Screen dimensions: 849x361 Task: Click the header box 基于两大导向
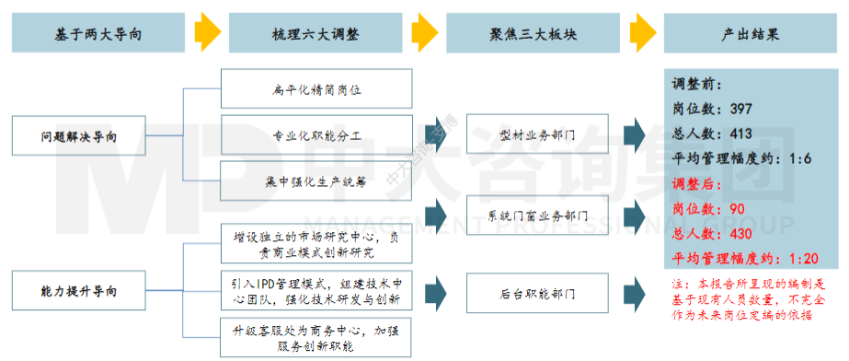(x=98, y=35)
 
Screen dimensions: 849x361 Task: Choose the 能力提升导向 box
(x=79, y=292)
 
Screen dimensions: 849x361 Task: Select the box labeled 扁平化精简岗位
(x=316, y=89)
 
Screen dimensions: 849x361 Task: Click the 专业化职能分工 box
(x=316, y=135)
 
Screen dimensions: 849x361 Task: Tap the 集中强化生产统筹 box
(x=316, y=180)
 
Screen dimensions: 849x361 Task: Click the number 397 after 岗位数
(x=740, y=109)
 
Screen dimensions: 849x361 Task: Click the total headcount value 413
(x=740, y=133)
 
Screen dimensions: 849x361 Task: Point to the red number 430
(x=740, y=233)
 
